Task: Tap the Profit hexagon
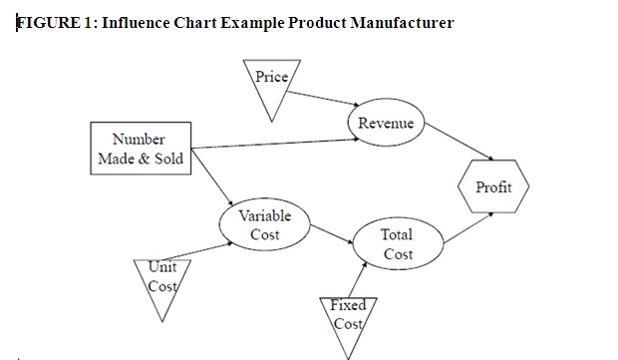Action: coord(492,187)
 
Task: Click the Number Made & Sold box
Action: coord(139,149)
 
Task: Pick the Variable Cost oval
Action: coord(264,225)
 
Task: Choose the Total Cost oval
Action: coord(397,244)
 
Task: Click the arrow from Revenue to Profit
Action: coord(458,145)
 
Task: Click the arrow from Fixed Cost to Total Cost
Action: coord(362,278)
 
